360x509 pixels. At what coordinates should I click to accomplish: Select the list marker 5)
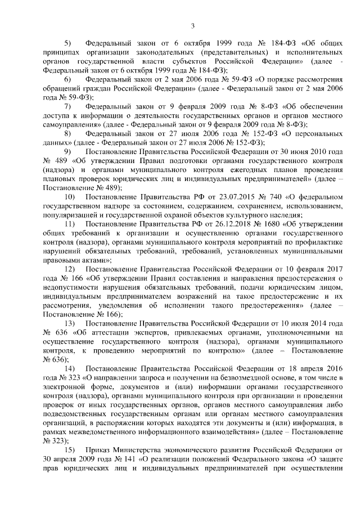point(69,43)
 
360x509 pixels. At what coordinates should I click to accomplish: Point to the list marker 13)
point(70,325)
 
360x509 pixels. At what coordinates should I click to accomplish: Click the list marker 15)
point(70,451)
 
